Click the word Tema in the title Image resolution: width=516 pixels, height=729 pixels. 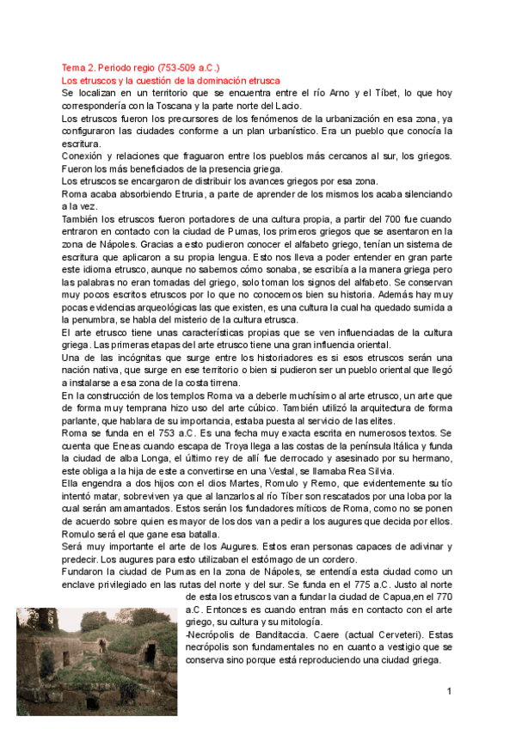pyautogui.click(x=72, y=66)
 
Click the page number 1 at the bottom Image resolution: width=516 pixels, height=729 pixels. pyautogui.click(x=449, y=692)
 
